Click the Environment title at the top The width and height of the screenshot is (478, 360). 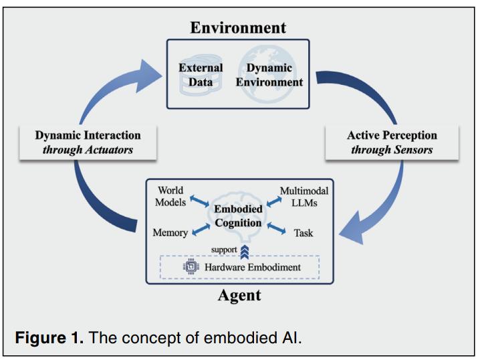point(238,27)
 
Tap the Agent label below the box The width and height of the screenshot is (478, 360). point(239,295)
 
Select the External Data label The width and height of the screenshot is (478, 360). point(201,75)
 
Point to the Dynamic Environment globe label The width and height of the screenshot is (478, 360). point(269,75)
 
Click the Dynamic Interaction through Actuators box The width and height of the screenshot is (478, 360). point(88,143)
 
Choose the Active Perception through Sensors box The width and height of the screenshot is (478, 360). point(392,143)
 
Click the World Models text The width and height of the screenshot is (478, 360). point(170,196)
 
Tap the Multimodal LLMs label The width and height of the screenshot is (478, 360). point(304,197)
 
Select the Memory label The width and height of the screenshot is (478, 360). point(170,232)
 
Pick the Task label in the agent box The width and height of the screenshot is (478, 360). point(304,233)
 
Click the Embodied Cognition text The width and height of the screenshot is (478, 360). point(238,215)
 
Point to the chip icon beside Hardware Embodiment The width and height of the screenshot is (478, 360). point(191,266)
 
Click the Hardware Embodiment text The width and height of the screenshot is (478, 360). point(253,267)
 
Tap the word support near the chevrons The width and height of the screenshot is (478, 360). point(224,250)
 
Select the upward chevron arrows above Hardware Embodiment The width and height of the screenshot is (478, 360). point(245,252)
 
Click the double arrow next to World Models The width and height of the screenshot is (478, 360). point(199,201)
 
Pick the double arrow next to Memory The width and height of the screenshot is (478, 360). point(201,230)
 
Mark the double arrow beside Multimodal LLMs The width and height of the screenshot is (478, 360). point(274,201)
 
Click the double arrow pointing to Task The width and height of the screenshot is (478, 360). point(276,228)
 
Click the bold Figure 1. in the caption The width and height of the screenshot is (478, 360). point(49,338)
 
